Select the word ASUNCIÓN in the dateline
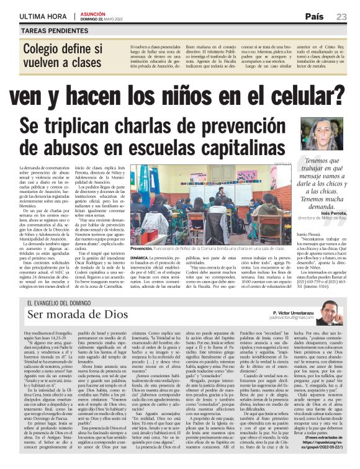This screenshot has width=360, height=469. coord(92,12)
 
